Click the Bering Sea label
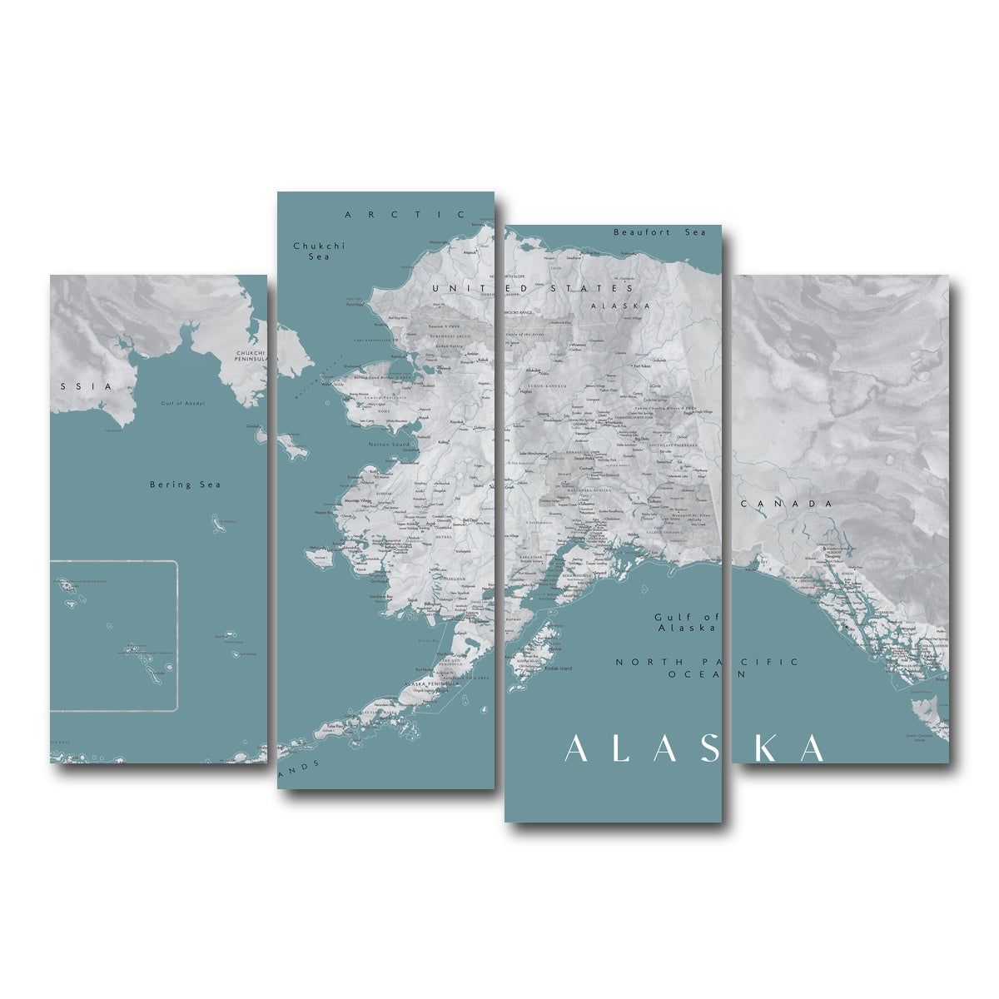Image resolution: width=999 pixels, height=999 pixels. coord(185,485)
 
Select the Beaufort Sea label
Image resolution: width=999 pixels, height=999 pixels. coord(659,232)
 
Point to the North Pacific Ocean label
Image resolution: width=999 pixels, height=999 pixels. coord(706,667)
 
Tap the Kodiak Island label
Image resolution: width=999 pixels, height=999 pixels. coord(559,668)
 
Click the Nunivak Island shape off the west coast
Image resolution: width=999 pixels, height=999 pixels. coord(319,554)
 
